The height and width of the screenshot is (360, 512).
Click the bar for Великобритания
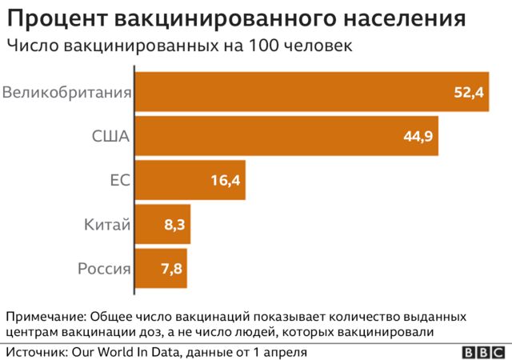coord(311,92)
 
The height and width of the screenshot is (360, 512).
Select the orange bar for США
coord(286,136)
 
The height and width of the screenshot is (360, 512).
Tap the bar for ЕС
coord(190,180)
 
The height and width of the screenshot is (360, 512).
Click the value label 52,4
coord(469,93)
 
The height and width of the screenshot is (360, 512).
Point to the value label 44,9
coord(418,137)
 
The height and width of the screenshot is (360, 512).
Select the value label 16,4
coord(226,181)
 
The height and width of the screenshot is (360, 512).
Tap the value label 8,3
coord(174,226)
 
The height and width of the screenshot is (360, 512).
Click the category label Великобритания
coord(66,93)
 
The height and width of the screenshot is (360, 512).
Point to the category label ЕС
coord(120,181)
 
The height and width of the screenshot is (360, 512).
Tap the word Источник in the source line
coord(35,351)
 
